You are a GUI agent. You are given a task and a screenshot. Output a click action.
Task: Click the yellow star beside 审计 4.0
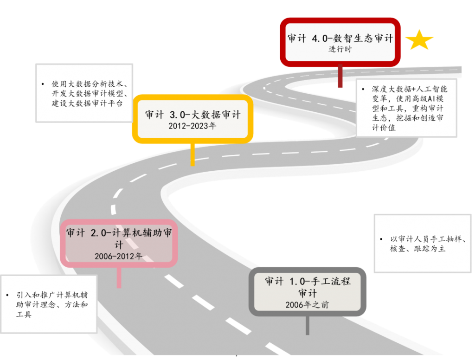419,40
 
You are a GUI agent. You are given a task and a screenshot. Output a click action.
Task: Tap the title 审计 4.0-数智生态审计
340,38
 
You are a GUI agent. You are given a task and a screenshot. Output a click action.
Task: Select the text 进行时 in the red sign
340,49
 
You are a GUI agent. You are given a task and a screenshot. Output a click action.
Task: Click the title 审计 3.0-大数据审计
193,115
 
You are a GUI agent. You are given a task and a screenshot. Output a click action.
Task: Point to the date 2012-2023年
193,125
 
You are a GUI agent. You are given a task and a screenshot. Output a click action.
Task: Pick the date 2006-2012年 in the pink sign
118,256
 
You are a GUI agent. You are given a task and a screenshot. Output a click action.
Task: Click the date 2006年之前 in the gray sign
307,304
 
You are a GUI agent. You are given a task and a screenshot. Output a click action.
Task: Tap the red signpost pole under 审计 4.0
340,76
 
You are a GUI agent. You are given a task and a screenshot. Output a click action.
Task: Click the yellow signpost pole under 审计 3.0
193,154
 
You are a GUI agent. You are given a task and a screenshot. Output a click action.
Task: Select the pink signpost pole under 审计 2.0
119,277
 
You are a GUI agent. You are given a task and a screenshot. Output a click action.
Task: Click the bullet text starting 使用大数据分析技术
90,94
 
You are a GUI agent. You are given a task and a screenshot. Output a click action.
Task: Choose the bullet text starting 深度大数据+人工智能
409,108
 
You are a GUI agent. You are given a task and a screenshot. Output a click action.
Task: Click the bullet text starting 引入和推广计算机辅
52,304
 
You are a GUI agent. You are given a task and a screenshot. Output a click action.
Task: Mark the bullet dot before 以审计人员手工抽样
381,239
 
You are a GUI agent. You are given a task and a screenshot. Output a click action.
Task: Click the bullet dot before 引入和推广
7,295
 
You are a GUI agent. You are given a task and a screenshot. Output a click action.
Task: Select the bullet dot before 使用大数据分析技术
43,84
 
